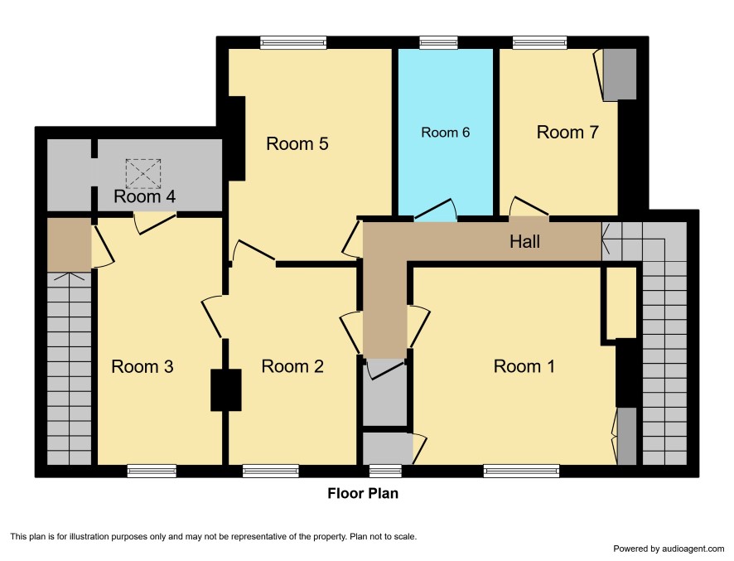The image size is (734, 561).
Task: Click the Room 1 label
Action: point(524,366)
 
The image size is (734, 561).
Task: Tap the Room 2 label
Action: point(292,366)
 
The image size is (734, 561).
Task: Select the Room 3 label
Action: point(142,366)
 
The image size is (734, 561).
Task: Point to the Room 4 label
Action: point(145,196)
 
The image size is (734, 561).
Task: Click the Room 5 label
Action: point(297,143)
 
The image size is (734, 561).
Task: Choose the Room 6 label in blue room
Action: point(445,133)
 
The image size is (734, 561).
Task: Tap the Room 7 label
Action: point(567,132)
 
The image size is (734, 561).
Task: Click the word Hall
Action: point(524,242)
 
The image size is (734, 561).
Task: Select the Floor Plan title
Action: point(363,494)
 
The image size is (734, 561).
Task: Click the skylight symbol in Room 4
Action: point(143,174)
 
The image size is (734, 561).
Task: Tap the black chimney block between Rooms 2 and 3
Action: point(226,390)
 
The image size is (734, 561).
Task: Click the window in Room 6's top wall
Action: point(438,43)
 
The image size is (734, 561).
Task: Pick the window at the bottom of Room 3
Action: point(152,471)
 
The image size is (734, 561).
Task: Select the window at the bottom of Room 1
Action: point(521,471)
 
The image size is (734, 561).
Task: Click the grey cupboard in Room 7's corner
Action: point(620,74)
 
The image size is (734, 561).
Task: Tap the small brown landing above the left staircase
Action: point(70,244)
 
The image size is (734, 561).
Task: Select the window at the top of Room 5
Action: point(293,43)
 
